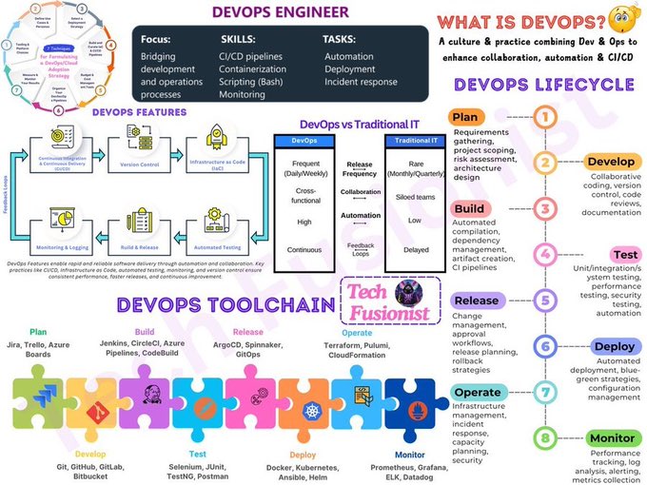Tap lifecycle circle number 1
coord(544,118)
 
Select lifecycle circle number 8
coord(544,437)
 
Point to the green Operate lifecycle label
coord(477,392)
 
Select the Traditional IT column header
coord(414,141)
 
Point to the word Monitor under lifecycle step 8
coord(612,438)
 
